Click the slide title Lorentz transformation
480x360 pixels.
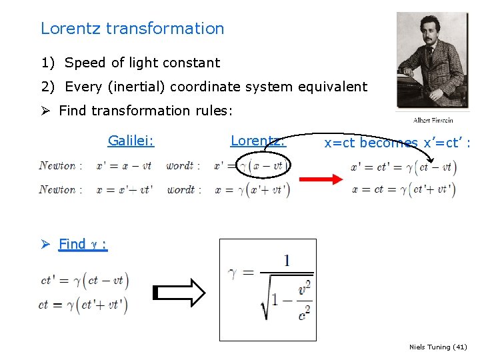(x=132, y=29)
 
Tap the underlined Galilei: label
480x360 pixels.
(x=131, y=141)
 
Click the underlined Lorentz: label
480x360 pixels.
(x=257, y=141)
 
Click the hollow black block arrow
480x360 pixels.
(x=180, y=293)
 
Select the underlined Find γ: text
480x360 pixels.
(x=83, y=244)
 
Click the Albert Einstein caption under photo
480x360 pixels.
(x=433, y=120)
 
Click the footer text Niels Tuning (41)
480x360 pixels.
(x=438, y=347)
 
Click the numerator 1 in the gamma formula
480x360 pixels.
(x=287, y=261)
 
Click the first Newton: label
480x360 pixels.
(x=61, y=166)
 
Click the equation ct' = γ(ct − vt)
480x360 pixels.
(x=84, y=281)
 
